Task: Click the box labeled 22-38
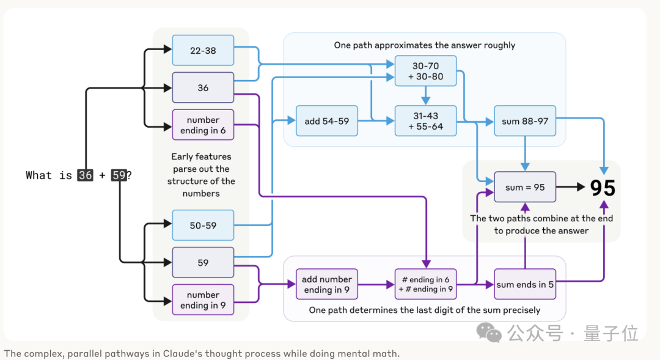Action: point(203,51)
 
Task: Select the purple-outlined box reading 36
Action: point(203,88)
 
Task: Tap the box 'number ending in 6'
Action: point(203,125)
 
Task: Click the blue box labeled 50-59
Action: point(203,226)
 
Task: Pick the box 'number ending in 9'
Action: point(203,299)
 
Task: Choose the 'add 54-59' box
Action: point(326,121)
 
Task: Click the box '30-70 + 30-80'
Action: point(425,71)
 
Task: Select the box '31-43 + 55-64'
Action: point(425,121)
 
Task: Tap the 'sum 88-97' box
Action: point(525,121)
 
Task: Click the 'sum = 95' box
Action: point(525,187)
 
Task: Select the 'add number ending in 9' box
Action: point(326,284)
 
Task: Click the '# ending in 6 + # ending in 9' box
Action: point(425,284)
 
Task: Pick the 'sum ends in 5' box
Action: point(525,284)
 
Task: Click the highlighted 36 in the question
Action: point(86,175)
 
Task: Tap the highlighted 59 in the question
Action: point(119,175)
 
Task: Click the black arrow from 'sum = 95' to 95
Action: point(571,187)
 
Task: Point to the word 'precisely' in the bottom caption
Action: point(520,310)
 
